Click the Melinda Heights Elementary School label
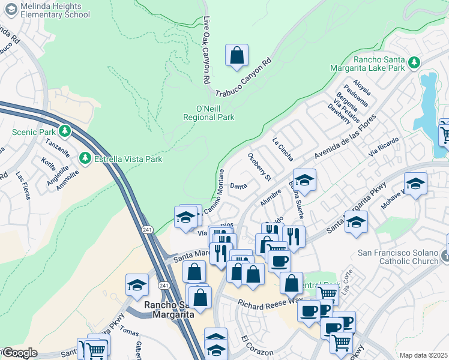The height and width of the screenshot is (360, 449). click(x=47, y=10)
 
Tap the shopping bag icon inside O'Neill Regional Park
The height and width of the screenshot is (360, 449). click(x=237, y=55)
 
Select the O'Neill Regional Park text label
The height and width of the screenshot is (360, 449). click(x=208, y=113)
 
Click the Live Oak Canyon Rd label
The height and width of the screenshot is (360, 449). click(x=206, y=49)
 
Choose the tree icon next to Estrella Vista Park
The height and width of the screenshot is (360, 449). click(x=86, y=159)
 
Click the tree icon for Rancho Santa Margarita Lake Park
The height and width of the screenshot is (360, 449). click(x=414, y=62)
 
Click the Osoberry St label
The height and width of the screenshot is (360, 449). click(x=260, y=166)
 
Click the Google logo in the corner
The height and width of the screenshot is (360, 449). click(x=20, y=353)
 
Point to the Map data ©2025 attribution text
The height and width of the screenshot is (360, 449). click(x=423, y=355)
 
